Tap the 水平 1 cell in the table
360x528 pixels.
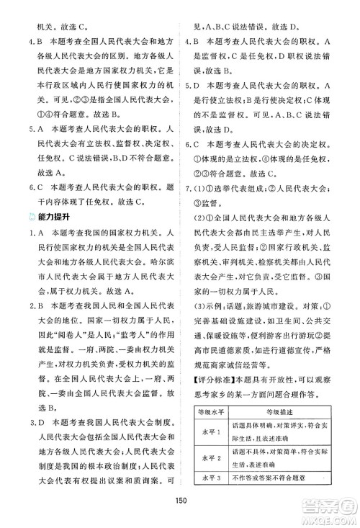210,430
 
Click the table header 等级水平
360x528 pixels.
210,412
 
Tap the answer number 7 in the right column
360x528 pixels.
189,170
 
